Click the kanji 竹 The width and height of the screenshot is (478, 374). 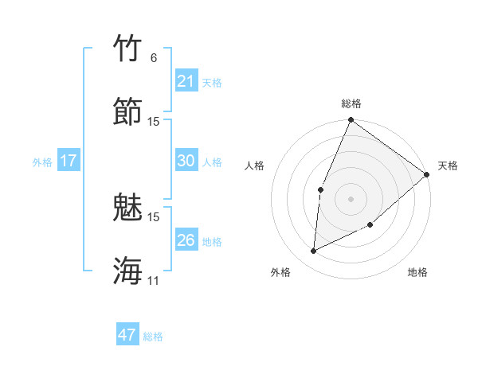pos(128,49)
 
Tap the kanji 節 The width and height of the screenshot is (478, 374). pos(128,111)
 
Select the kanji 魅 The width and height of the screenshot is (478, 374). pos(128,207)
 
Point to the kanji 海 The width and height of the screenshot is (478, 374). pos(128,270)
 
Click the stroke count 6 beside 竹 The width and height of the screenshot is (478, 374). pos(154,58)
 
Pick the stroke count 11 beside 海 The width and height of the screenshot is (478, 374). pos(154,280)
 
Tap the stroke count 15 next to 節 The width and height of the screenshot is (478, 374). pos(154,121)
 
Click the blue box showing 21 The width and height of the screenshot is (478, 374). pos(186,81)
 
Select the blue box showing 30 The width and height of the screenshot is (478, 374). pos(186,161)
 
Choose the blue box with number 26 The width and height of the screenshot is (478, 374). pos(186,240)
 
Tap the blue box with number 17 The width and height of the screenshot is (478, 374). pos(69,161)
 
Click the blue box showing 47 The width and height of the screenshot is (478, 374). pos(127,335)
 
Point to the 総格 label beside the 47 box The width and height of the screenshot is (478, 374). pos(153,337)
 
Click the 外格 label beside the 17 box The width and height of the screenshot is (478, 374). pos(42,162)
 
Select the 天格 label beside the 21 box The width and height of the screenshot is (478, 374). pos(212,82)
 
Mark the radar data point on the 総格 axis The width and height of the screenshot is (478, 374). pos(351,120)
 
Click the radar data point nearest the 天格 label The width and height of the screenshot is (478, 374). pos(427,174)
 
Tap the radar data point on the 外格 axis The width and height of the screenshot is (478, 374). pos(313,251)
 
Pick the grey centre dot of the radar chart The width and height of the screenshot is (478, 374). pos(351,198)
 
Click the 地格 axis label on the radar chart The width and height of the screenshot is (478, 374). pos(417,273)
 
